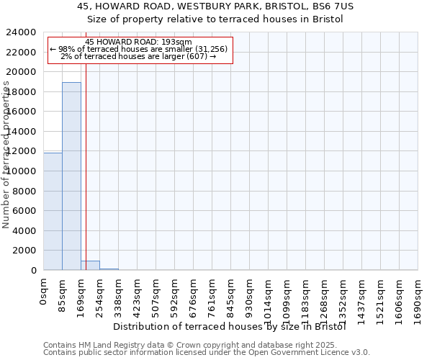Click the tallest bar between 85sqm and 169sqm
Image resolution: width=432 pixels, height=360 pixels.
pos(71,176)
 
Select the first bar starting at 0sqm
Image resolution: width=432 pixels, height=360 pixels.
pos(53,212)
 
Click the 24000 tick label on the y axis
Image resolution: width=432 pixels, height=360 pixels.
pos(22,32)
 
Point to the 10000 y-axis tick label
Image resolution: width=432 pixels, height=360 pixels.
pos(22,171)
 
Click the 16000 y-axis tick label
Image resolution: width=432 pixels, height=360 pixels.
pos(22,112)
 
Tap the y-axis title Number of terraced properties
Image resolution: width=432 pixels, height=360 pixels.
pos(6,155)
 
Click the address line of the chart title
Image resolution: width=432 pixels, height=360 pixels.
pos(215,6)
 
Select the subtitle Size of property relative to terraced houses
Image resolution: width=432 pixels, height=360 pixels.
pos(215,19)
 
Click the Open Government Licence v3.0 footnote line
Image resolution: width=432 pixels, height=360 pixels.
pos(207,353)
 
